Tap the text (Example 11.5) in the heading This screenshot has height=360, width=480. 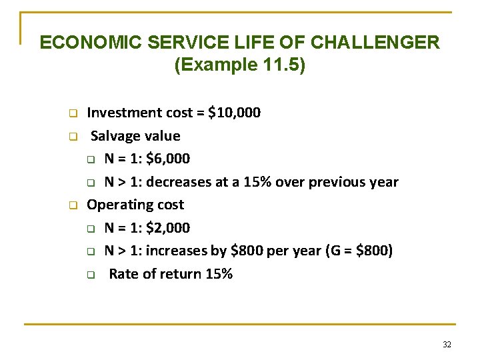239,65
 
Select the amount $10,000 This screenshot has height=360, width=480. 235,113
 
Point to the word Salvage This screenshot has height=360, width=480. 115,136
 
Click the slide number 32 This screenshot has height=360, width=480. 447,345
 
